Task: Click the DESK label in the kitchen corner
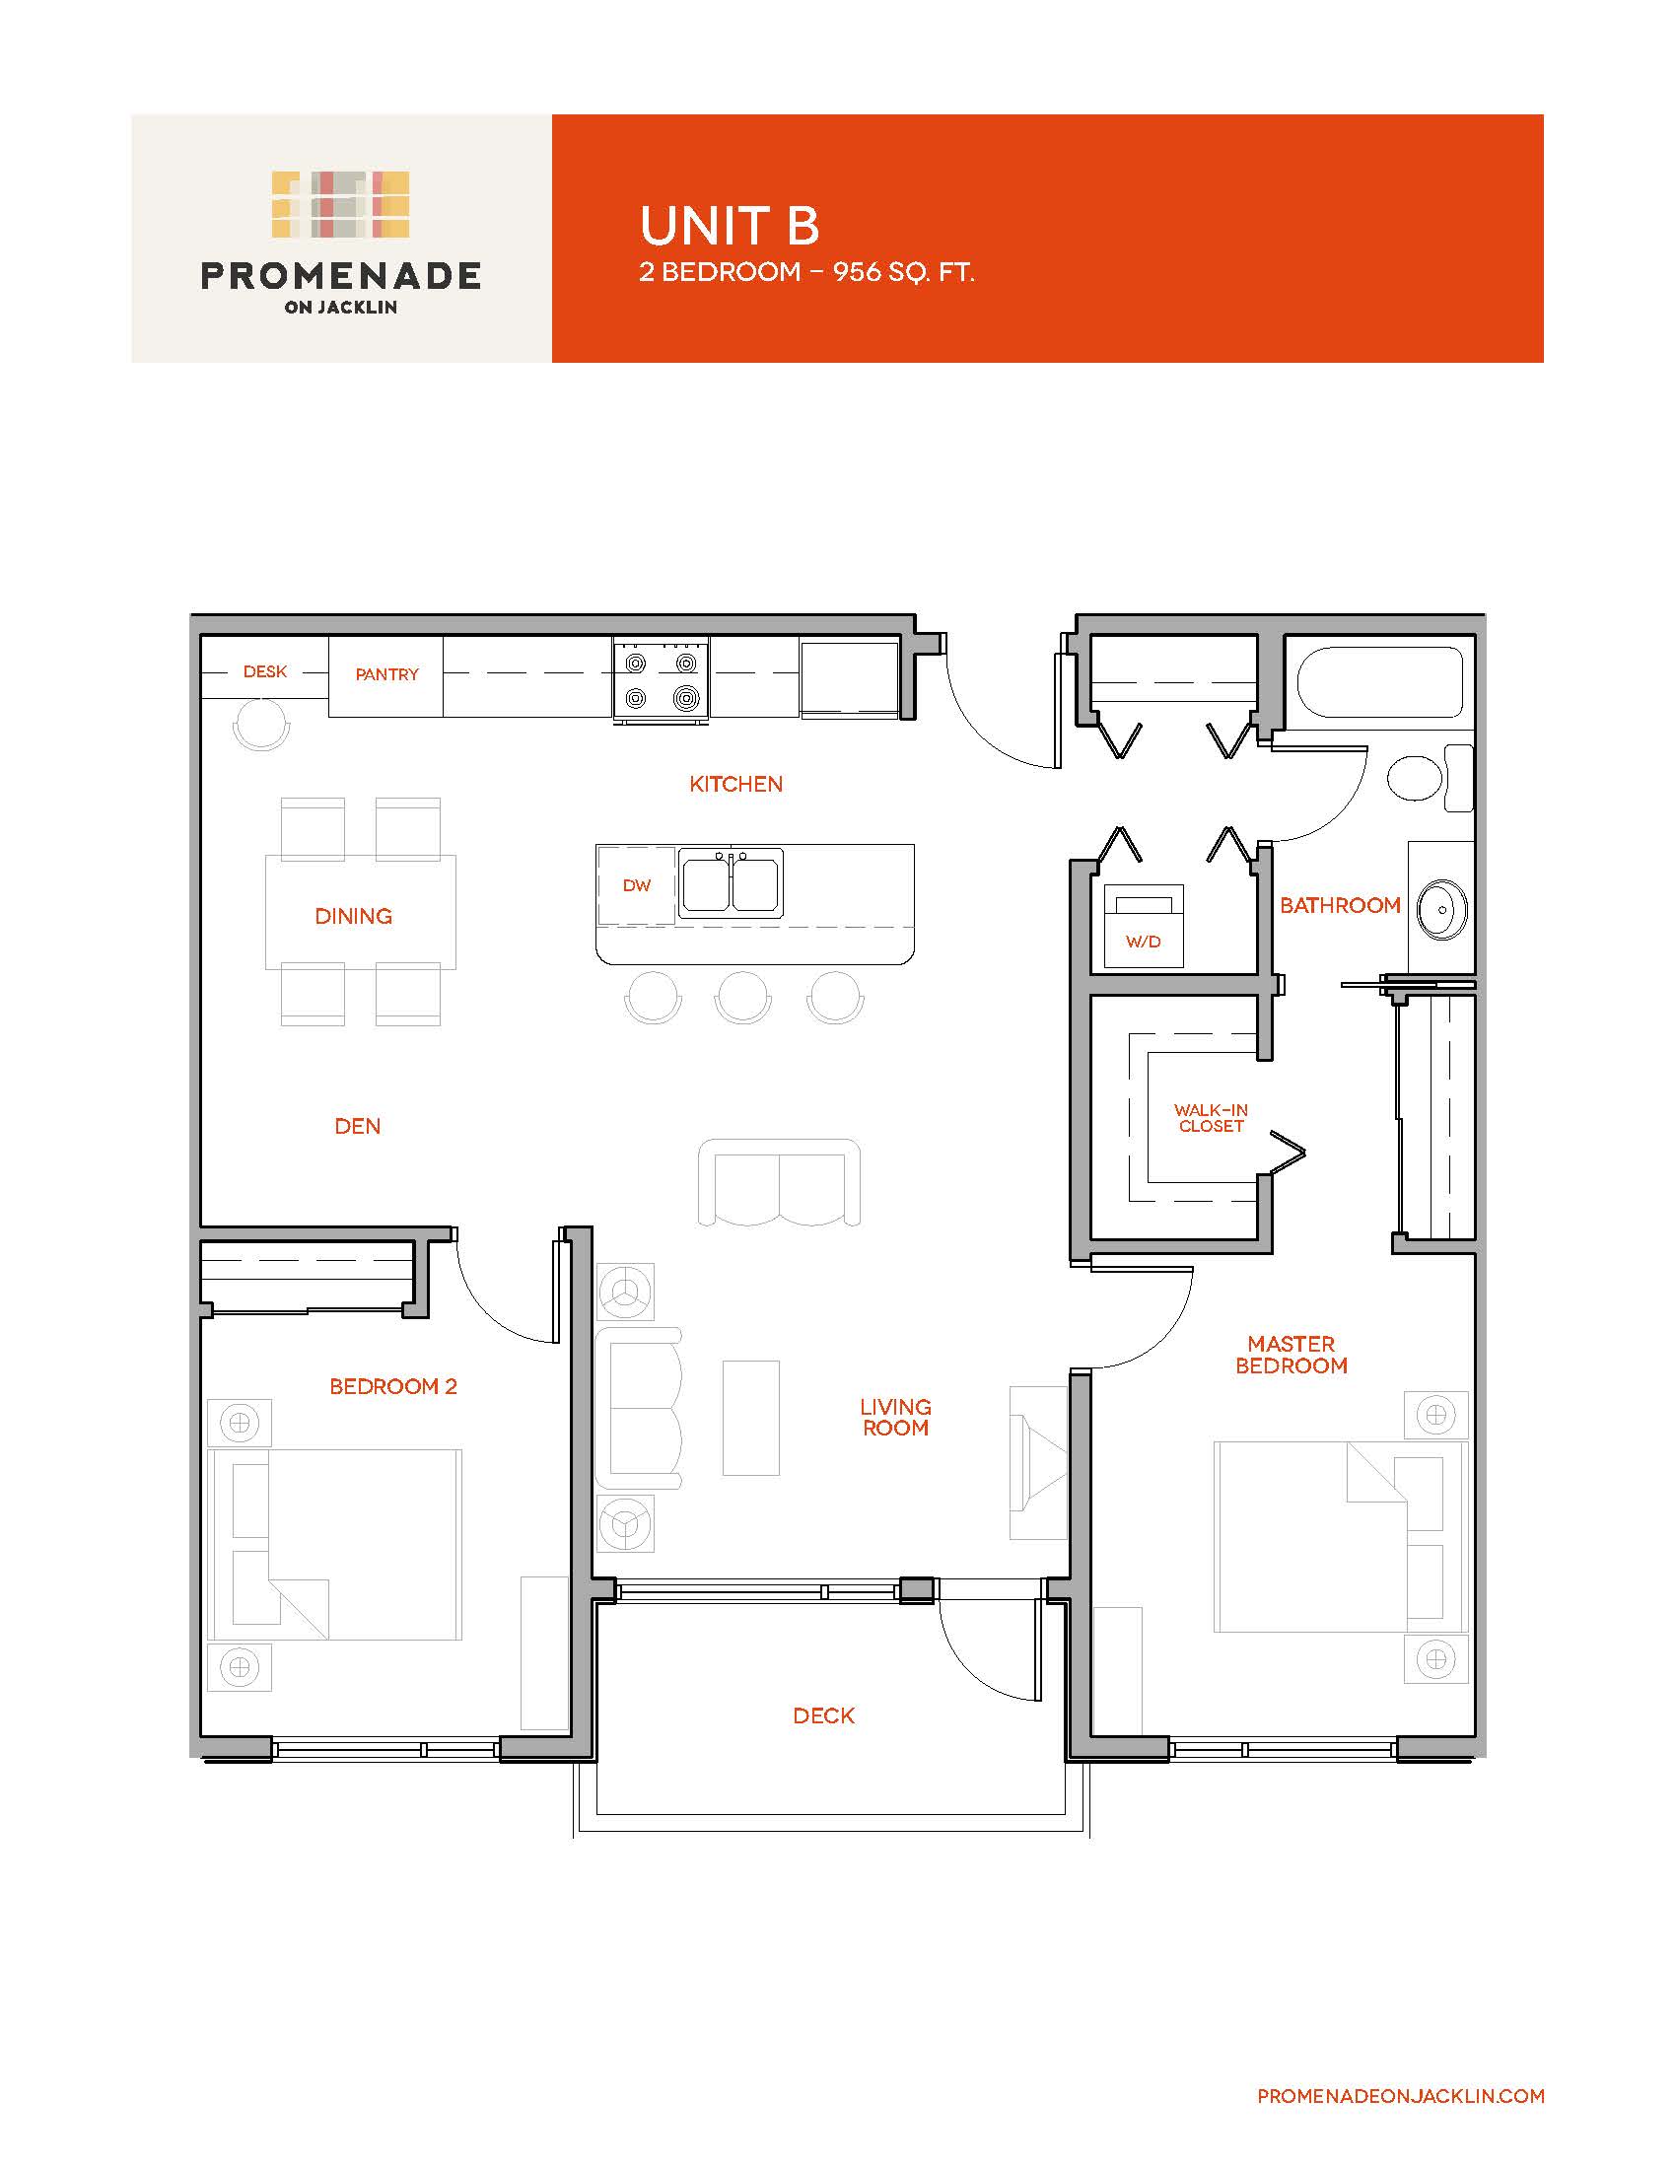coord(265,671)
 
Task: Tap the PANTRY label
coord(387,674)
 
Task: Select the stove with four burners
coord(662,679)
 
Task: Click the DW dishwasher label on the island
coord(637,885)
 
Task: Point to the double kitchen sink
coord(731,883)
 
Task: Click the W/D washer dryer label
coord(1143,942)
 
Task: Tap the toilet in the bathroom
coord(1430,778)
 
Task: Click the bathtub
coord(1374,681)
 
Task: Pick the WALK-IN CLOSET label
coord(1212,1117)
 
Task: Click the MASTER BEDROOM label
coord(1291,1355)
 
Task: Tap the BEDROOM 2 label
coord(393,1386)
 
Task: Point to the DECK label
coord(824,1715)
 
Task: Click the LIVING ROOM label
coord(894,1417)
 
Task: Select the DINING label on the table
coord(354,916)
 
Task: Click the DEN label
coord(358,1126)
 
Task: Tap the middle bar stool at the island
coord(742,997)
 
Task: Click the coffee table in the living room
coord(751,1418)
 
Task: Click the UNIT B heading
coord(730,226)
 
